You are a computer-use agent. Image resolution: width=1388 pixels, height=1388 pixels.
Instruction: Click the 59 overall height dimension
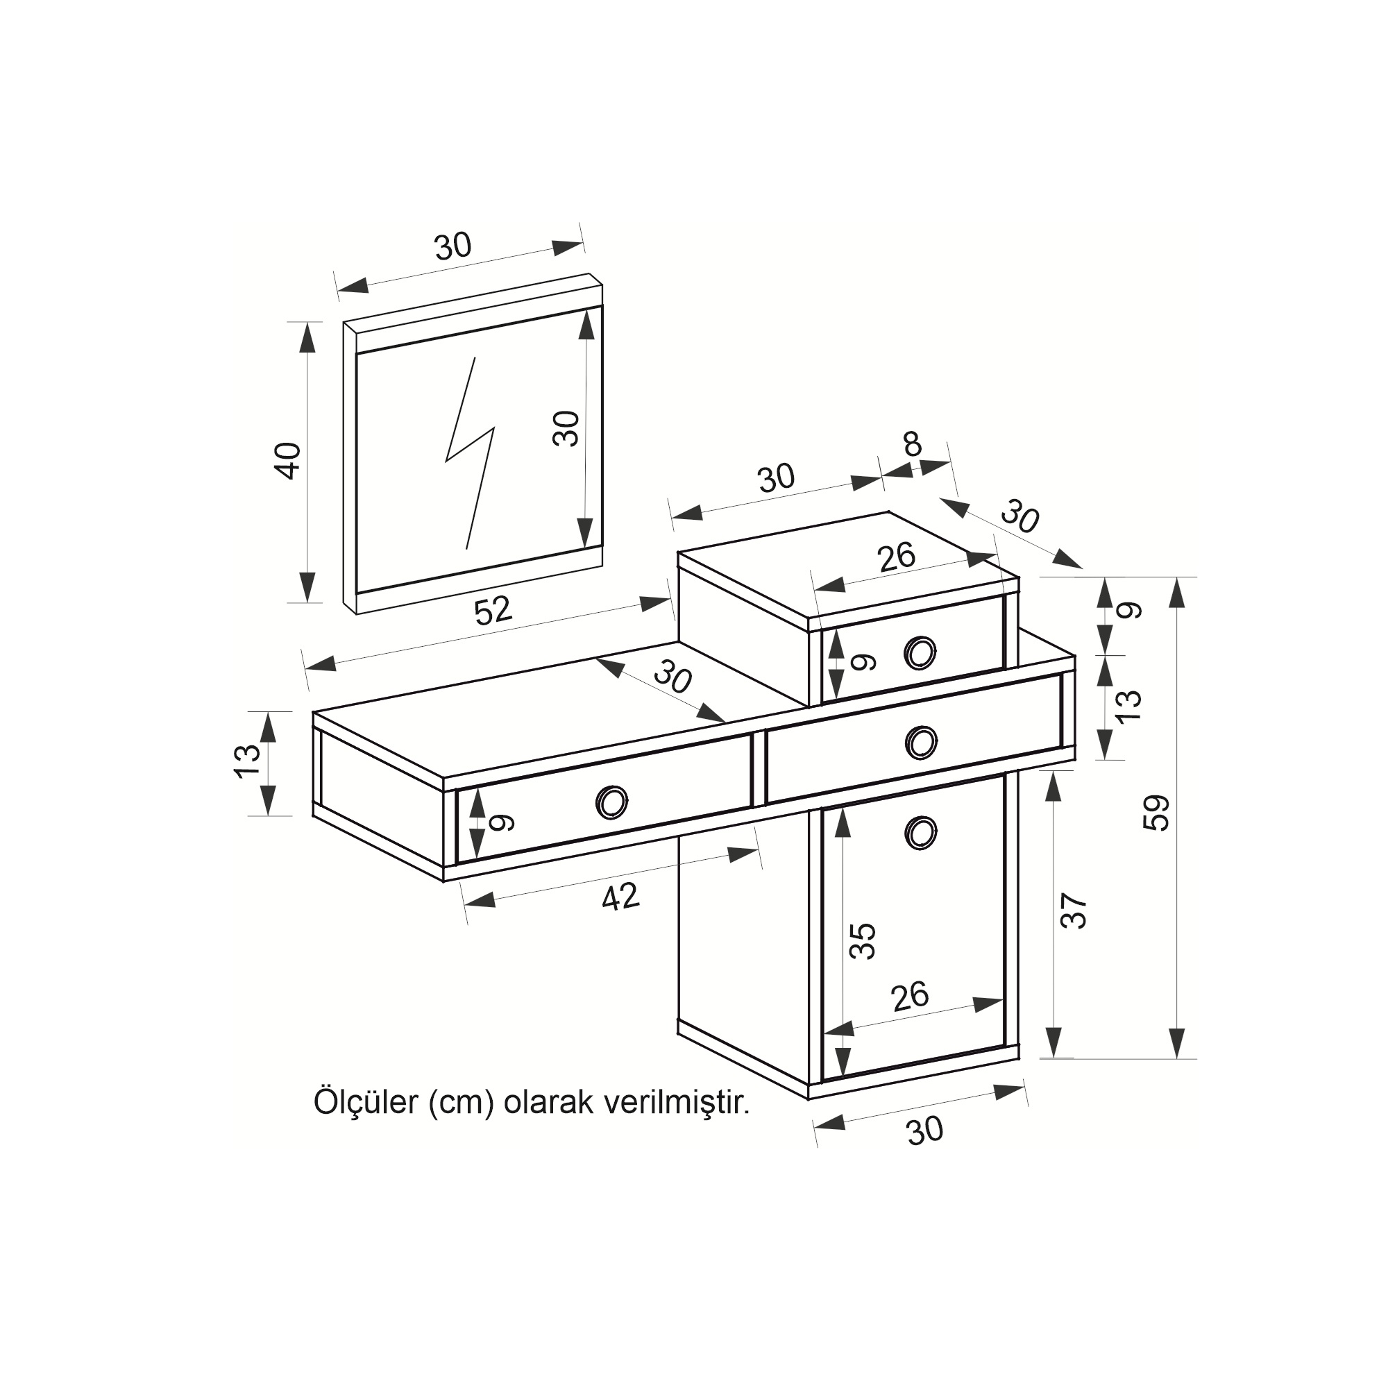[1156, 813]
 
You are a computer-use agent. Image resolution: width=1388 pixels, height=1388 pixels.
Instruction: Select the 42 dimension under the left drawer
[620, 897]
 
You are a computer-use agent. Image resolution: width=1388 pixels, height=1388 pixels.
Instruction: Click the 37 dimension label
[1074, 912]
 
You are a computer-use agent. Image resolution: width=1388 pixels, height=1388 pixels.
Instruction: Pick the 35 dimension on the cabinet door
[862, 941]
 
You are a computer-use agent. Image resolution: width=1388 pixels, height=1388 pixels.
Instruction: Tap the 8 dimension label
[913, 446]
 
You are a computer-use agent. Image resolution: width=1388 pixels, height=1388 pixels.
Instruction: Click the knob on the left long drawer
[612, 802]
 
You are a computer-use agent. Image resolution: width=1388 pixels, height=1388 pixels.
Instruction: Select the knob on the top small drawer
[920, 653]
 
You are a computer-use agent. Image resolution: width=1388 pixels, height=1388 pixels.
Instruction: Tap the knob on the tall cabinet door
[921, 833]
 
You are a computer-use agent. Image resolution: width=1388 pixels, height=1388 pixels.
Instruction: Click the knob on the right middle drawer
[921, 743]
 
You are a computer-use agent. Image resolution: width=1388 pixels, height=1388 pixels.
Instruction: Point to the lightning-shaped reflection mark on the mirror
[470, 453]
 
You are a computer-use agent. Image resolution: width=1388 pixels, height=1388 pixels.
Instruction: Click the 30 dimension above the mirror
[453, 246]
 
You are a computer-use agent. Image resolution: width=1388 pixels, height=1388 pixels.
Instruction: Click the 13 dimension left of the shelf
[246, 761]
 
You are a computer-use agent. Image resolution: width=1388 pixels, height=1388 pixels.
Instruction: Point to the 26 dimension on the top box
[897, 557]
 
